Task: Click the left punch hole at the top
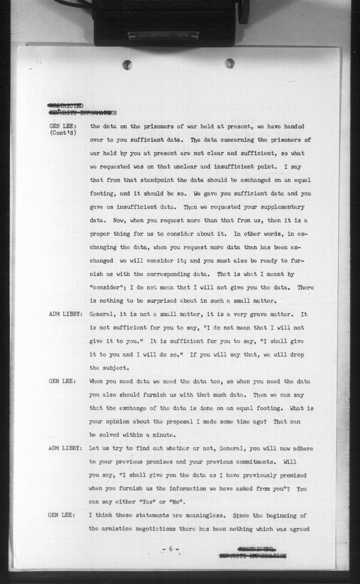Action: coord(127,65)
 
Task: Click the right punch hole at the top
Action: coord(230,63)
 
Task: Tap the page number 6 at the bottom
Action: coord(171,548)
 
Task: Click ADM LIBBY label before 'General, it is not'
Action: coord(65,314)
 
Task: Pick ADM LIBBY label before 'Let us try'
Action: coord(65,448)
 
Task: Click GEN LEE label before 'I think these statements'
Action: coord(62,515)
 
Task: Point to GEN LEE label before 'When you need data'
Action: coord(62,381)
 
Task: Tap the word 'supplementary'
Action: coord(282,207)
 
